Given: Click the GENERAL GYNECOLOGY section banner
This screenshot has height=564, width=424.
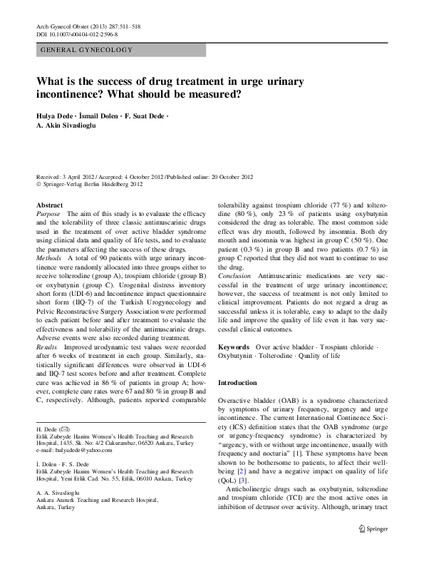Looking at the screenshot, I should coord(86,50).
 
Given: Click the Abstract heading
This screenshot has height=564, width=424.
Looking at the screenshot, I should coord(49,204).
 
